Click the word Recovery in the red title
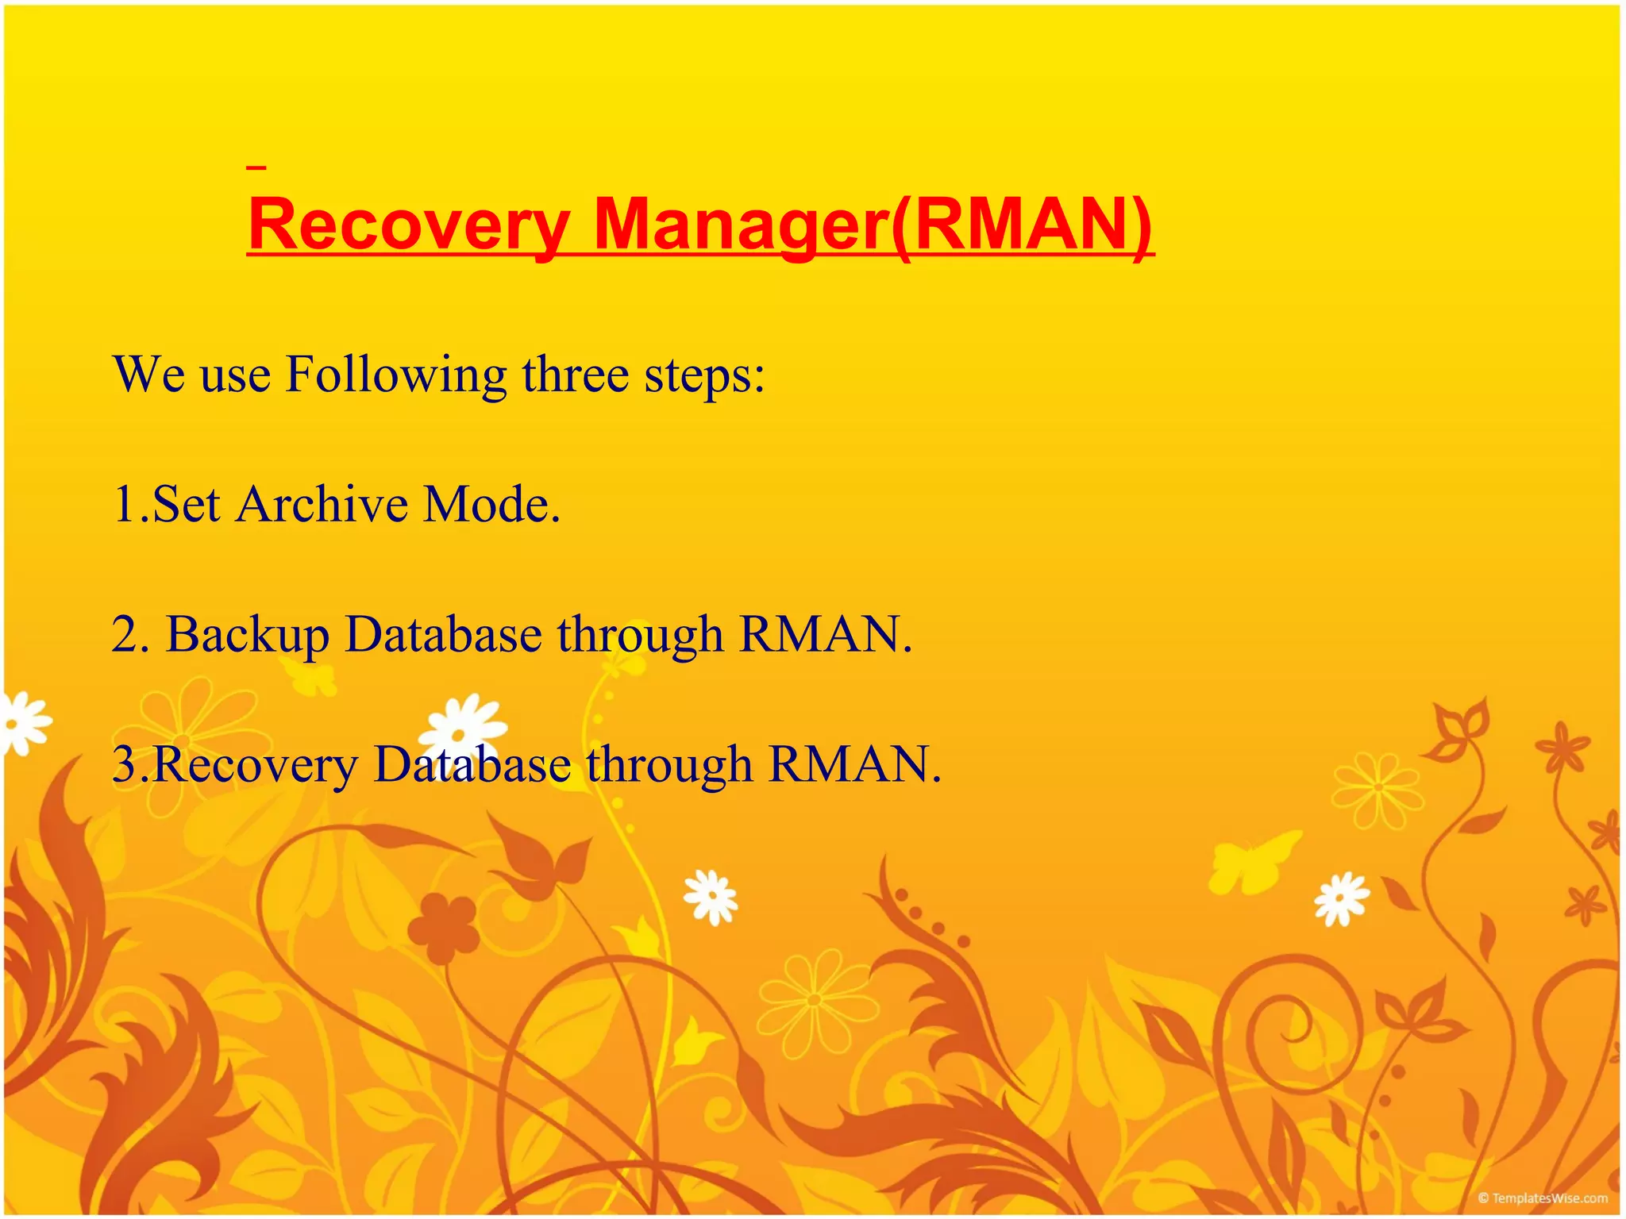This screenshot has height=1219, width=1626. click(x=409, y=226)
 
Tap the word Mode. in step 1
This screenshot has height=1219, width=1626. click(x=491, y=504)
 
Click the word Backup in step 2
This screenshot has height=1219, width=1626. click(x=247, y=635)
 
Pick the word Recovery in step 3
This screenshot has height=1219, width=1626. click(x=254, y=765)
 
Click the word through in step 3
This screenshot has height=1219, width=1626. click(x=669, y=765)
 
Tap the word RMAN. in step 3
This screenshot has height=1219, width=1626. click(x=854, y=764)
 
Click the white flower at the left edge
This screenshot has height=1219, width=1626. click(x=22, y=723)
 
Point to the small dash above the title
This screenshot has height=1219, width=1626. click(x=256, y=167)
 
